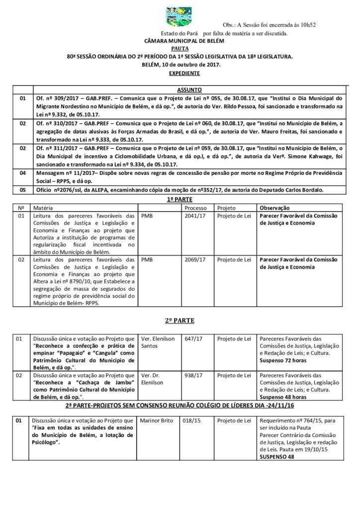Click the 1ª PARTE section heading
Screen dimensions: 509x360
point(180,198)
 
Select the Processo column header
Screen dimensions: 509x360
point(195,207)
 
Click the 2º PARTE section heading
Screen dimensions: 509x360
point(180,321)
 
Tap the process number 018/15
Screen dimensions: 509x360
point(192,421)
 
